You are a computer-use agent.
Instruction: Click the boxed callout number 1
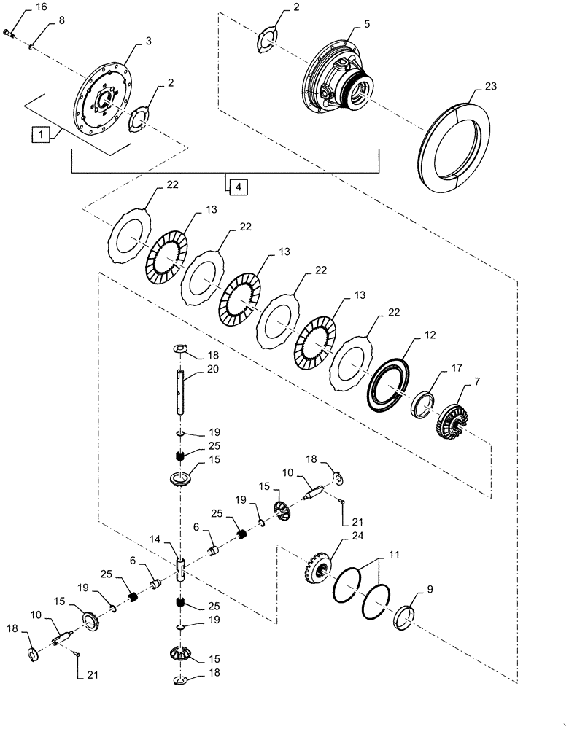(40, 134)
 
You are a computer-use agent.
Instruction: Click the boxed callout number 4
(237, 187)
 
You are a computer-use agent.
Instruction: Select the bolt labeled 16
(9, 32)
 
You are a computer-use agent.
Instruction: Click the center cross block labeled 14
(182, 567)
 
